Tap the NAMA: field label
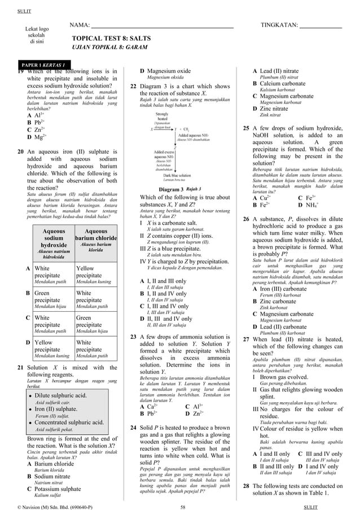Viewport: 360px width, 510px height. pyautogui.click(x=80, y=25)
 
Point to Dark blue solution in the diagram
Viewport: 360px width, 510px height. pyautogui.click(x=171, y=176)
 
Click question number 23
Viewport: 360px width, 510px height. pyautogui.click(x=134, y=336)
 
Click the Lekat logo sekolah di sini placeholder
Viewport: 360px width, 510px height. pyautogui.click(x=37, y=35)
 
